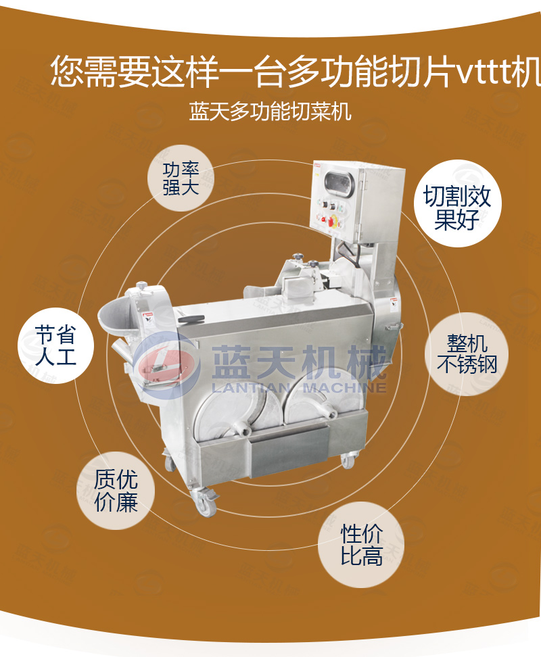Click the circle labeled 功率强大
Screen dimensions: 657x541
(181, 178)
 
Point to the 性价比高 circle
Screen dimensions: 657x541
(362, 545)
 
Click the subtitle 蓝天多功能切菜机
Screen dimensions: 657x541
(270, 111)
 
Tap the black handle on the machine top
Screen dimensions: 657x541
(191, 319)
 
